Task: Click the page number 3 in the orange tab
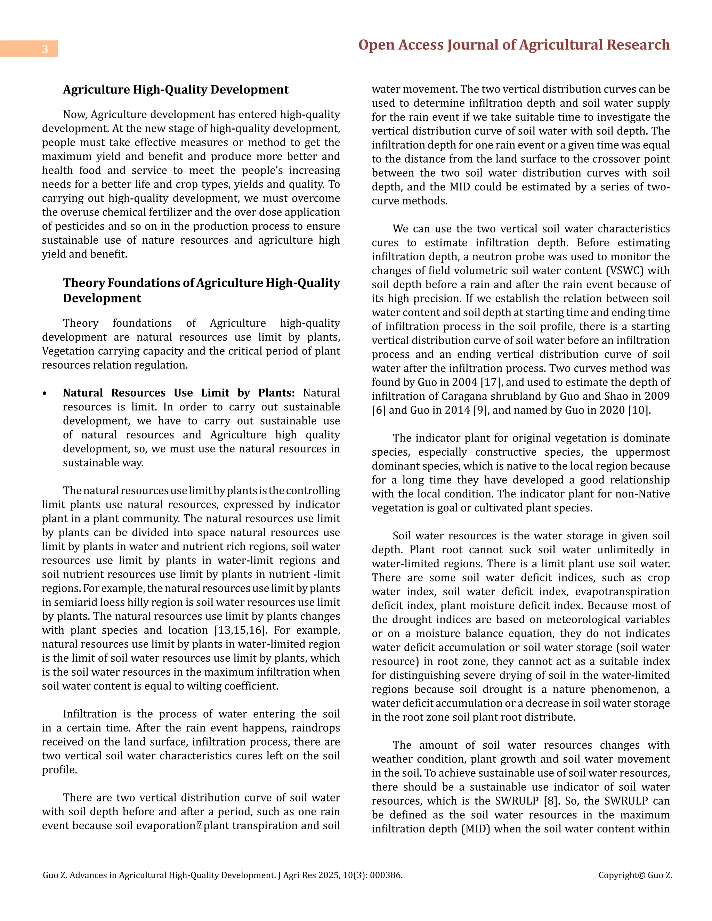(x=45, y=49)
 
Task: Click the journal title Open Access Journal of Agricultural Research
(x=514, y=45)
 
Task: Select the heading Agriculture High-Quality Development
(x=176, y=90)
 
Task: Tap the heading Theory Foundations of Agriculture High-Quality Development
(x=201, y=291)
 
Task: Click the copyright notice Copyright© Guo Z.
(x=635, y=875)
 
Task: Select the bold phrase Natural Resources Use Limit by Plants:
(x=179, y=393)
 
